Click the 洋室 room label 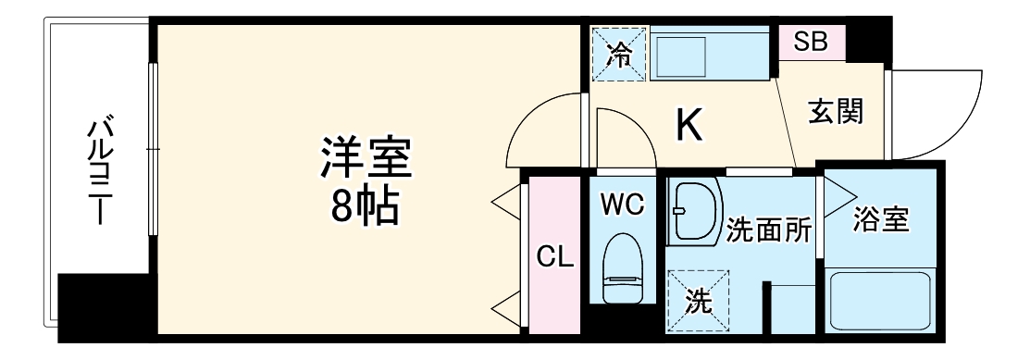tap(366, 157)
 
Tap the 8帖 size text tap(366, 207)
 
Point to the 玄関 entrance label tap(836, 112)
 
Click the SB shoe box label tap(812, 43)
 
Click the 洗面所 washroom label tap(769, 229)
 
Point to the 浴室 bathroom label tap(881, 220)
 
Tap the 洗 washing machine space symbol tap(698, 300)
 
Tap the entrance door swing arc tap(935, 111)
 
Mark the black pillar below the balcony tap(103, 305)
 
